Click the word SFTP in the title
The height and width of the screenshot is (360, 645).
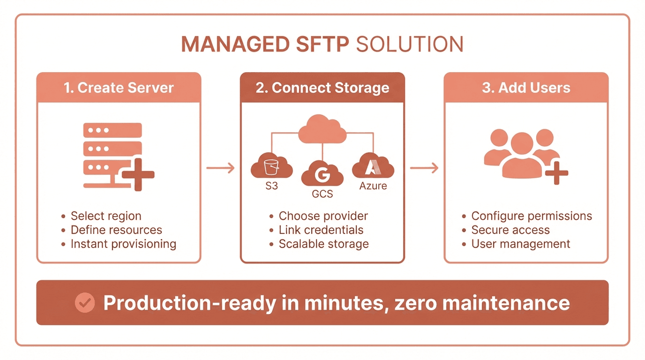pyautogui.click(x=319, y=45)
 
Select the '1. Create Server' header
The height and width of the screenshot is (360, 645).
pyautogui.click(x=119, y=88)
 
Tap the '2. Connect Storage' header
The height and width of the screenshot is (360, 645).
pyautogui.click(x=322, y=88)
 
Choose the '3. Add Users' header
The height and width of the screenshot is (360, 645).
pyautogui.click(x=526, y=88)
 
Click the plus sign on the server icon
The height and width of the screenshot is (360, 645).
pyautogui.click(x=138, y=174)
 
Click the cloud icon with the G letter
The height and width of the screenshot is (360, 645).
pyautogui.click(x=322, y=174)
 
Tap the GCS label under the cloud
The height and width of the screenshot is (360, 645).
pyautogui.click(x=322, y=194)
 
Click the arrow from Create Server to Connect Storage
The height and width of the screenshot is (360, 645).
pyautogui.click(x=220, y=168)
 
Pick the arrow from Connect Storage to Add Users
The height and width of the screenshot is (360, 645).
pyautogui.click(x=424, y=168)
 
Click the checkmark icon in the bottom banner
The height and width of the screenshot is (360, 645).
pyautogui.click(x=85, y=303)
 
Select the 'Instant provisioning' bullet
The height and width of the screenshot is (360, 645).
pyautogui.click(x=123, y=244)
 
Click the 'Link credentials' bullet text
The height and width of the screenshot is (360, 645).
pyautogui.click(x=321, y=230)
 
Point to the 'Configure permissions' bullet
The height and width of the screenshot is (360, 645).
pyautogui.click(x=532, y=216)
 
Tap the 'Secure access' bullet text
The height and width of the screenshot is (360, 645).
pyautogui.click(x=510, y=230)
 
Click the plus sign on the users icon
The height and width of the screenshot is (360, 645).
pyautogui.click(x=556, y=173)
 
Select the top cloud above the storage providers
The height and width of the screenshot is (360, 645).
pyautogui.click(x=322, y=129)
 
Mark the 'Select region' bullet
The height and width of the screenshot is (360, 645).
pyautogui.click(x=106, y=216)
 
